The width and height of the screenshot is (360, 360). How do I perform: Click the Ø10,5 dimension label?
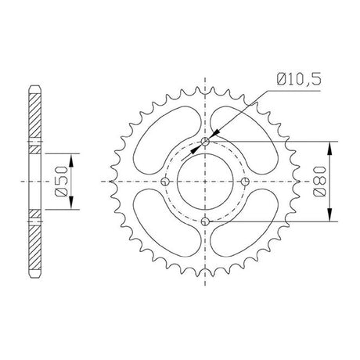(x=299, y=79)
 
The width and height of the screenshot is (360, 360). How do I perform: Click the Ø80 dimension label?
(x=319, y=181)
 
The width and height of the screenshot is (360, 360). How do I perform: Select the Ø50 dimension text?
(x=62, y=181)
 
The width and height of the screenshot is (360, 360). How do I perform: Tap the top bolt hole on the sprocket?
(x=205, y=142)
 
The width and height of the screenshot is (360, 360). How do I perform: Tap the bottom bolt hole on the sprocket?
(x=205, y=221)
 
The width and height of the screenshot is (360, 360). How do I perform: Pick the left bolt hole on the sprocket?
(x=165, y=182)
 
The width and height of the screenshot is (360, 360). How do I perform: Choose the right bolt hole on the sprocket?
(x=245, y=182)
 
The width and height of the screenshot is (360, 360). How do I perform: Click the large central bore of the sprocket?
(x=205, y=182)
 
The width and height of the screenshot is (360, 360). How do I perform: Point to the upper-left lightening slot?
(x=167, y=140)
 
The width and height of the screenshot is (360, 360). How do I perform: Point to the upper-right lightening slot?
(x=243, y=140)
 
